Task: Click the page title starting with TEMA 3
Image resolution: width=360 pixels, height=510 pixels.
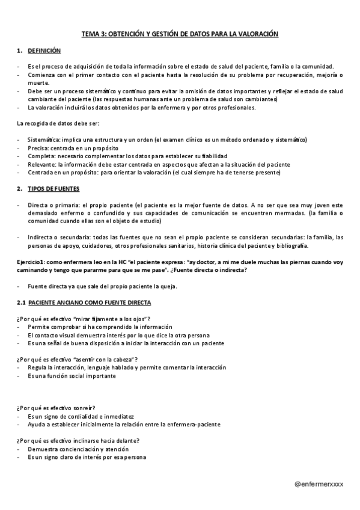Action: [180, 34]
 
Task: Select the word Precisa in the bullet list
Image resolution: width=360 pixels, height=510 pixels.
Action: [37, 148]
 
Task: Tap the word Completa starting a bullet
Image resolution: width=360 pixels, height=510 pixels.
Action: [40, 156]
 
